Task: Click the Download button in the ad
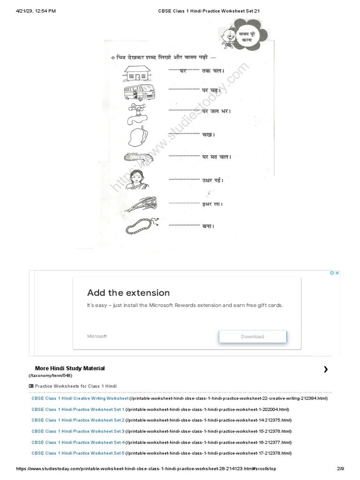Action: [x=252, y=337]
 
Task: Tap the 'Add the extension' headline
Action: [x=128, y=293]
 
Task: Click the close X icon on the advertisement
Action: [x=337, y=273]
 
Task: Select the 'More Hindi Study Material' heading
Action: [x=70, y=368]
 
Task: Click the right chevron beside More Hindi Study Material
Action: [x=326, y=369]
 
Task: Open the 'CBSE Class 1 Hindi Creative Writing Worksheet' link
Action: [x=80, y=398]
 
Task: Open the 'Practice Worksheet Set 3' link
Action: [x=78, y=431]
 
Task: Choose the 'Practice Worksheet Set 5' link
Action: [x=78, y=453]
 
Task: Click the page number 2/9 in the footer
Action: [x=340, y=469]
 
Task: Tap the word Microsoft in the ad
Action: [x=97, y=336]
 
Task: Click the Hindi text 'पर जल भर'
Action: [x=216, y=111]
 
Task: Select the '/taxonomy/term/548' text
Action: [x=50, y=375]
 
